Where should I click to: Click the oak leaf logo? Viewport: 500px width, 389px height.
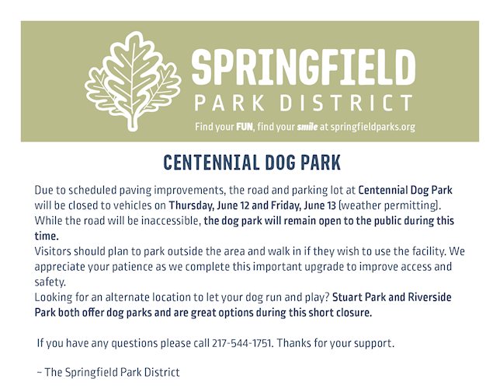[x=133, y=81]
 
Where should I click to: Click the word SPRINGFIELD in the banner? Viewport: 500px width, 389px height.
[x=304, y=68]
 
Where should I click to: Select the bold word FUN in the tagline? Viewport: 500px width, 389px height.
[x=245, y=127]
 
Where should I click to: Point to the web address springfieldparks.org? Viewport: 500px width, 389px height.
[x=373, y=128]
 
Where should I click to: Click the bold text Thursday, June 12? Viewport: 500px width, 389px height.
[x=209, y=205]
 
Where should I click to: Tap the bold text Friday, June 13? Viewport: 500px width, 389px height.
[x=304, y=205]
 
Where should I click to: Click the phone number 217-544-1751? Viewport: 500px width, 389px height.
[x=241, y=343]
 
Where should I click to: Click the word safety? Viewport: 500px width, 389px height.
[x=50, y=282]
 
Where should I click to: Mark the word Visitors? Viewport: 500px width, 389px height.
[x=53, y=251]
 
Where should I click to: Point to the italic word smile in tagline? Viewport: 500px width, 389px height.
[x=307, y=128]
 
